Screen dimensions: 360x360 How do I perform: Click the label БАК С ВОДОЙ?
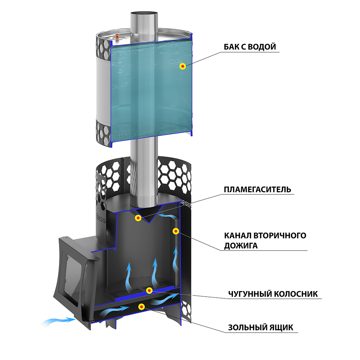coord(249,47)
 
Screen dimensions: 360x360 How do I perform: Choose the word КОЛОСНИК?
coord(297,294)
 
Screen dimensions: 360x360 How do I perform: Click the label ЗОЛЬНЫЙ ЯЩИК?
coord(261,328)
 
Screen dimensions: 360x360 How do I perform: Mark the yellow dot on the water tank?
coord(183,66)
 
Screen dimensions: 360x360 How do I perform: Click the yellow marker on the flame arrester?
coord(138,218)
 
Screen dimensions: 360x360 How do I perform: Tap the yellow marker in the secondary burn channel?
coord(176,231)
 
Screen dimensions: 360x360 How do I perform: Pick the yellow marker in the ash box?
coord(142,307)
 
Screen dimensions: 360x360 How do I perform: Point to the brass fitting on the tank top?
coord(118,35)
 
